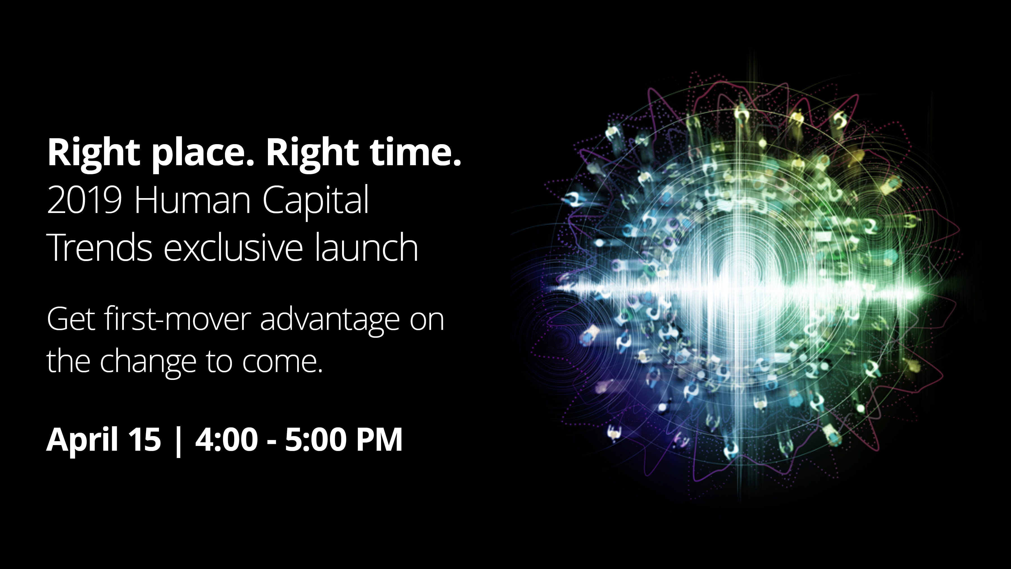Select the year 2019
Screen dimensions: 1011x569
[84, 200]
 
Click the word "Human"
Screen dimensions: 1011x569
[192, 200]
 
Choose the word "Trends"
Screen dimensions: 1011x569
[99, 247]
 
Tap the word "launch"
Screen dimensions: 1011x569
[366, 247]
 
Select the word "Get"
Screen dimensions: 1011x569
[71, 319]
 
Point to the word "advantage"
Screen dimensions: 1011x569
[329, 321]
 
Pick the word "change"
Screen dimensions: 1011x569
[148, 362]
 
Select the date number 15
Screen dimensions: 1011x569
[145, 439]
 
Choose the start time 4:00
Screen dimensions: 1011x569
[226, 439]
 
